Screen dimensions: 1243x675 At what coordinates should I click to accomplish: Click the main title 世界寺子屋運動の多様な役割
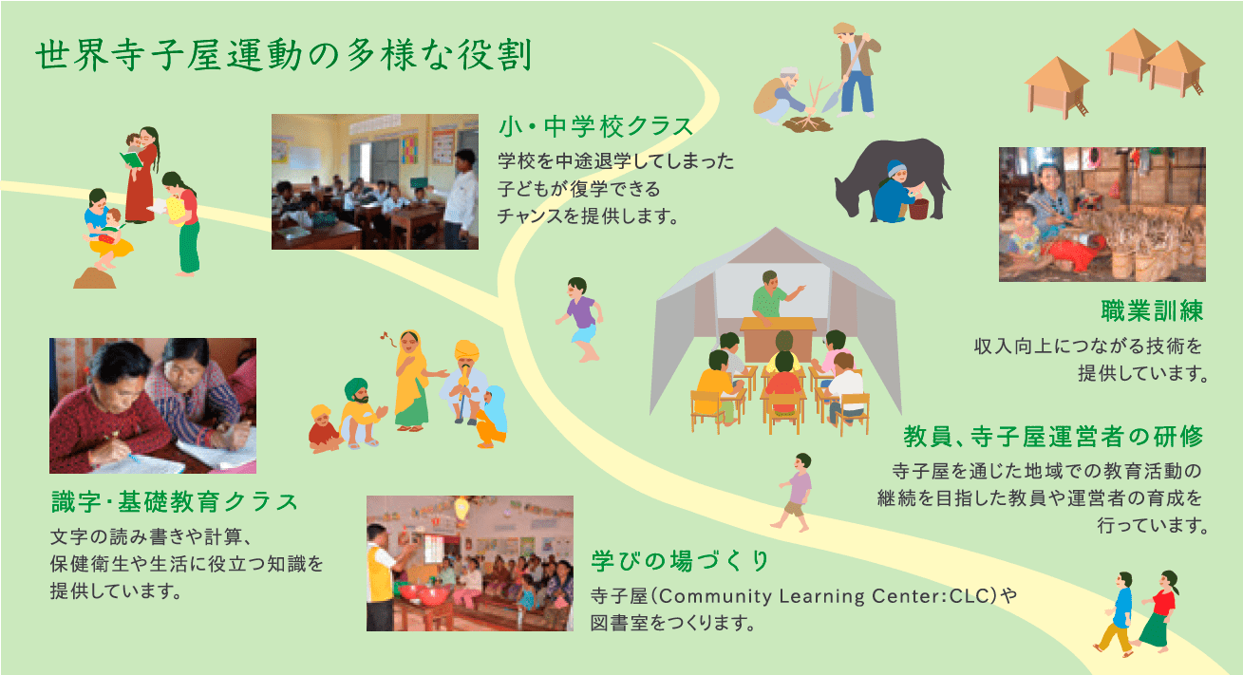click(284, 55)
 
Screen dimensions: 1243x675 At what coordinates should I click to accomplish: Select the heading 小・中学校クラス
click(596, 126)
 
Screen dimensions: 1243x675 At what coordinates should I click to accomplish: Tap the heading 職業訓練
click(1152, 310)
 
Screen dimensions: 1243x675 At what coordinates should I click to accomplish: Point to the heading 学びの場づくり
click(680, 560)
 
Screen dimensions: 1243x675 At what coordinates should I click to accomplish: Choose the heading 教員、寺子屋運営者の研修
click(1053, 437)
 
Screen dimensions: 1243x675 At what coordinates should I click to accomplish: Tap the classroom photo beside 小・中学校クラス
click(374, 182)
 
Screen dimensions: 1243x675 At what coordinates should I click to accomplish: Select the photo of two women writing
click(153, 405)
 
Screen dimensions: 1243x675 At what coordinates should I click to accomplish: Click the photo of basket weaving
click(1102, 215)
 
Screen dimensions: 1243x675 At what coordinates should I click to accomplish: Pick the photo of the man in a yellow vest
click(469, 563)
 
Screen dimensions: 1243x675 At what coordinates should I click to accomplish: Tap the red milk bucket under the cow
click(918, 209)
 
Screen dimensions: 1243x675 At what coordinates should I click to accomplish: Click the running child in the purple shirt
click(580, 319)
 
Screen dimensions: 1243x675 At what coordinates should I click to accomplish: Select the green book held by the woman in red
click(131, 159)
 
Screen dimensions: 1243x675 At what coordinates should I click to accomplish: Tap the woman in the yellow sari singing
click(412, 381)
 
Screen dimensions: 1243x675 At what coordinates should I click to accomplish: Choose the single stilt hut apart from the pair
click(1057, 87)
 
